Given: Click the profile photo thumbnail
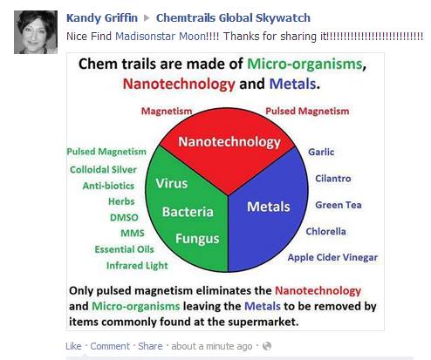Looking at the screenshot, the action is [36, 32].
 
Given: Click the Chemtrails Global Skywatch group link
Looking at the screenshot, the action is [233, 18].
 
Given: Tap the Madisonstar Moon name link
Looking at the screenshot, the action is [161, 37].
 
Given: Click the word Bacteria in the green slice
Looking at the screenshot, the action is [188, 212].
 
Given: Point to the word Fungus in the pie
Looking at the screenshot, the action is [197, 239].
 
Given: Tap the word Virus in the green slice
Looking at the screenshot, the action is [172, 184].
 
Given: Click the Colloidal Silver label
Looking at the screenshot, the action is [103, 170].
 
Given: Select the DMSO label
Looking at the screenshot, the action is [124, 218].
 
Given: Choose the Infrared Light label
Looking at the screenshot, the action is [137, 266].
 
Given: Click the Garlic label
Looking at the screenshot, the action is [321, 152].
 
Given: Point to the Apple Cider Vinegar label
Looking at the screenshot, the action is [332, 257].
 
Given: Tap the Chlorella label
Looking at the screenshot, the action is [325, 232].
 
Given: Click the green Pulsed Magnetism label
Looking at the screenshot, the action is [106, 152].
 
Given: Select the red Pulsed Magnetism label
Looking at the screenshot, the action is [307, 111].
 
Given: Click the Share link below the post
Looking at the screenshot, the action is [150, 346].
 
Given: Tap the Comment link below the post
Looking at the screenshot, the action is [110, 346].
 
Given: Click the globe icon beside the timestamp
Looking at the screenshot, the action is [267, 346].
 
